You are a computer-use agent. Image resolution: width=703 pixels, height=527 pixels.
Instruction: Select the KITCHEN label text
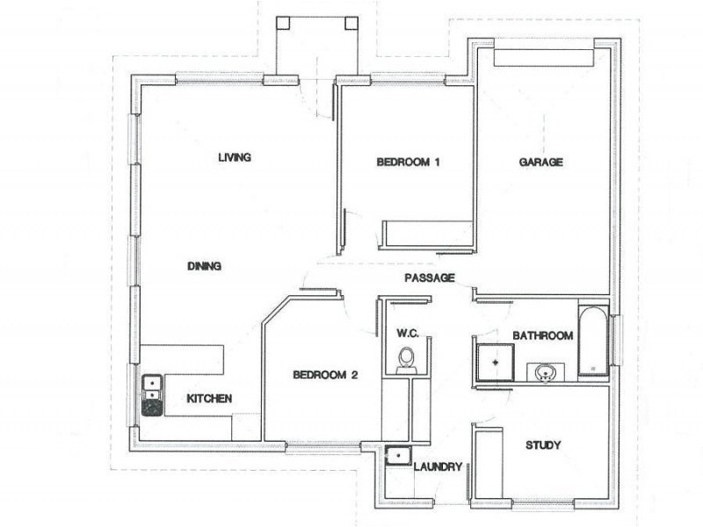tap(209, 399)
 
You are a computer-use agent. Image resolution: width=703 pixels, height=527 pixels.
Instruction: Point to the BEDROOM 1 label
tap(408, 162)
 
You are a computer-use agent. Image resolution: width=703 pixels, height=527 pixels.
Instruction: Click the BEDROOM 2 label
tap(325, 375)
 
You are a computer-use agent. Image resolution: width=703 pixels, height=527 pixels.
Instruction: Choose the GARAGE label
tap(540, 162)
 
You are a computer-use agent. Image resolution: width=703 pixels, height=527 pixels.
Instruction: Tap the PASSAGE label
tap(430, 278)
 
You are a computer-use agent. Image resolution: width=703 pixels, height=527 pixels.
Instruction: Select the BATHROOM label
tap(543, 336)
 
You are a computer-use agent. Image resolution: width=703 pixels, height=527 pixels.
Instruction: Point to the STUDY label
tap(543, 444)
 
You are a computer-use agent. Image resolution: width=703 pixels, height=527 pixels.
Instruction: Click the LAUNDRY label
tap(437, 467)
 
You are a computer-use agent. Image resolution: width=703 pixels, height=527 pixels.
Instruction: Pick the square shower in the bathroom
tap(494, 361)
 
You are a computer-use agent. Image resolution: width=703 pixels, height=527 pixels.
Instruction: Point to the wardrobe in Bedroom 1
tap(426, 235)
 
